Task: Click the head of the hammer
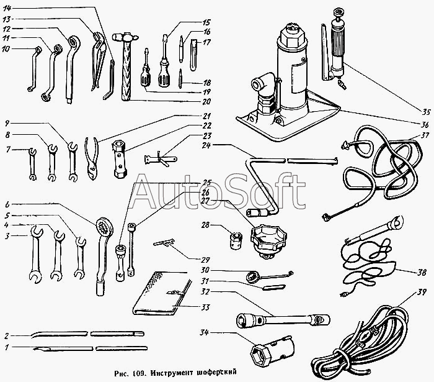tap(125, 37)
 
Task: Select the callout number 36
tap(425, 124)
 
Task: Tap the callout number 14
tap(7, 8)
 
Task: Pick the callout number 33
tap(205, 307)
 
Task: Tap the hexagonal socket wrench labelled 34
tap(272, 350)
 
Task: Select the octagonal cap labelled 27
tap(268, 240)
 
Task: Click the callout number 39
tap(421, 292)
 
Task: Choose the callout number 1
tap(7, 347)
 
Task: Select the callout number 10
tap(6, 49)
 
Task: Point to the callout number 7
tap(8, 150)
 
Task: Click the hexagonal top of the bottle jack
tap(293, 37)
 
